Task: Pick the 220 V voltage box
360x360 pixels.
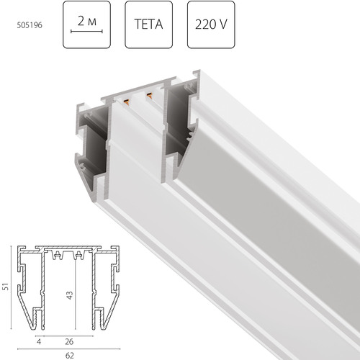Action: pyautogui.click(x=212, y=24)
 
